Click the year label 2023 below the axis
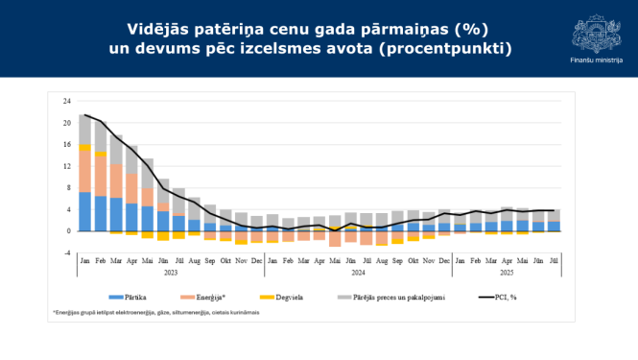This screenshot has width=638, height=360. (170, 272)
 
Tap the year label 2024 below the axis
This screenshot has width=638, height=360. (357, 272)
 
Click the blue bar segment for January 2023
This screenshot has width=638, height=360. (85, 211)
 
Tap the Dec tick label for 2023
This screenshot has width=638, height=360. (257, 261)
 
